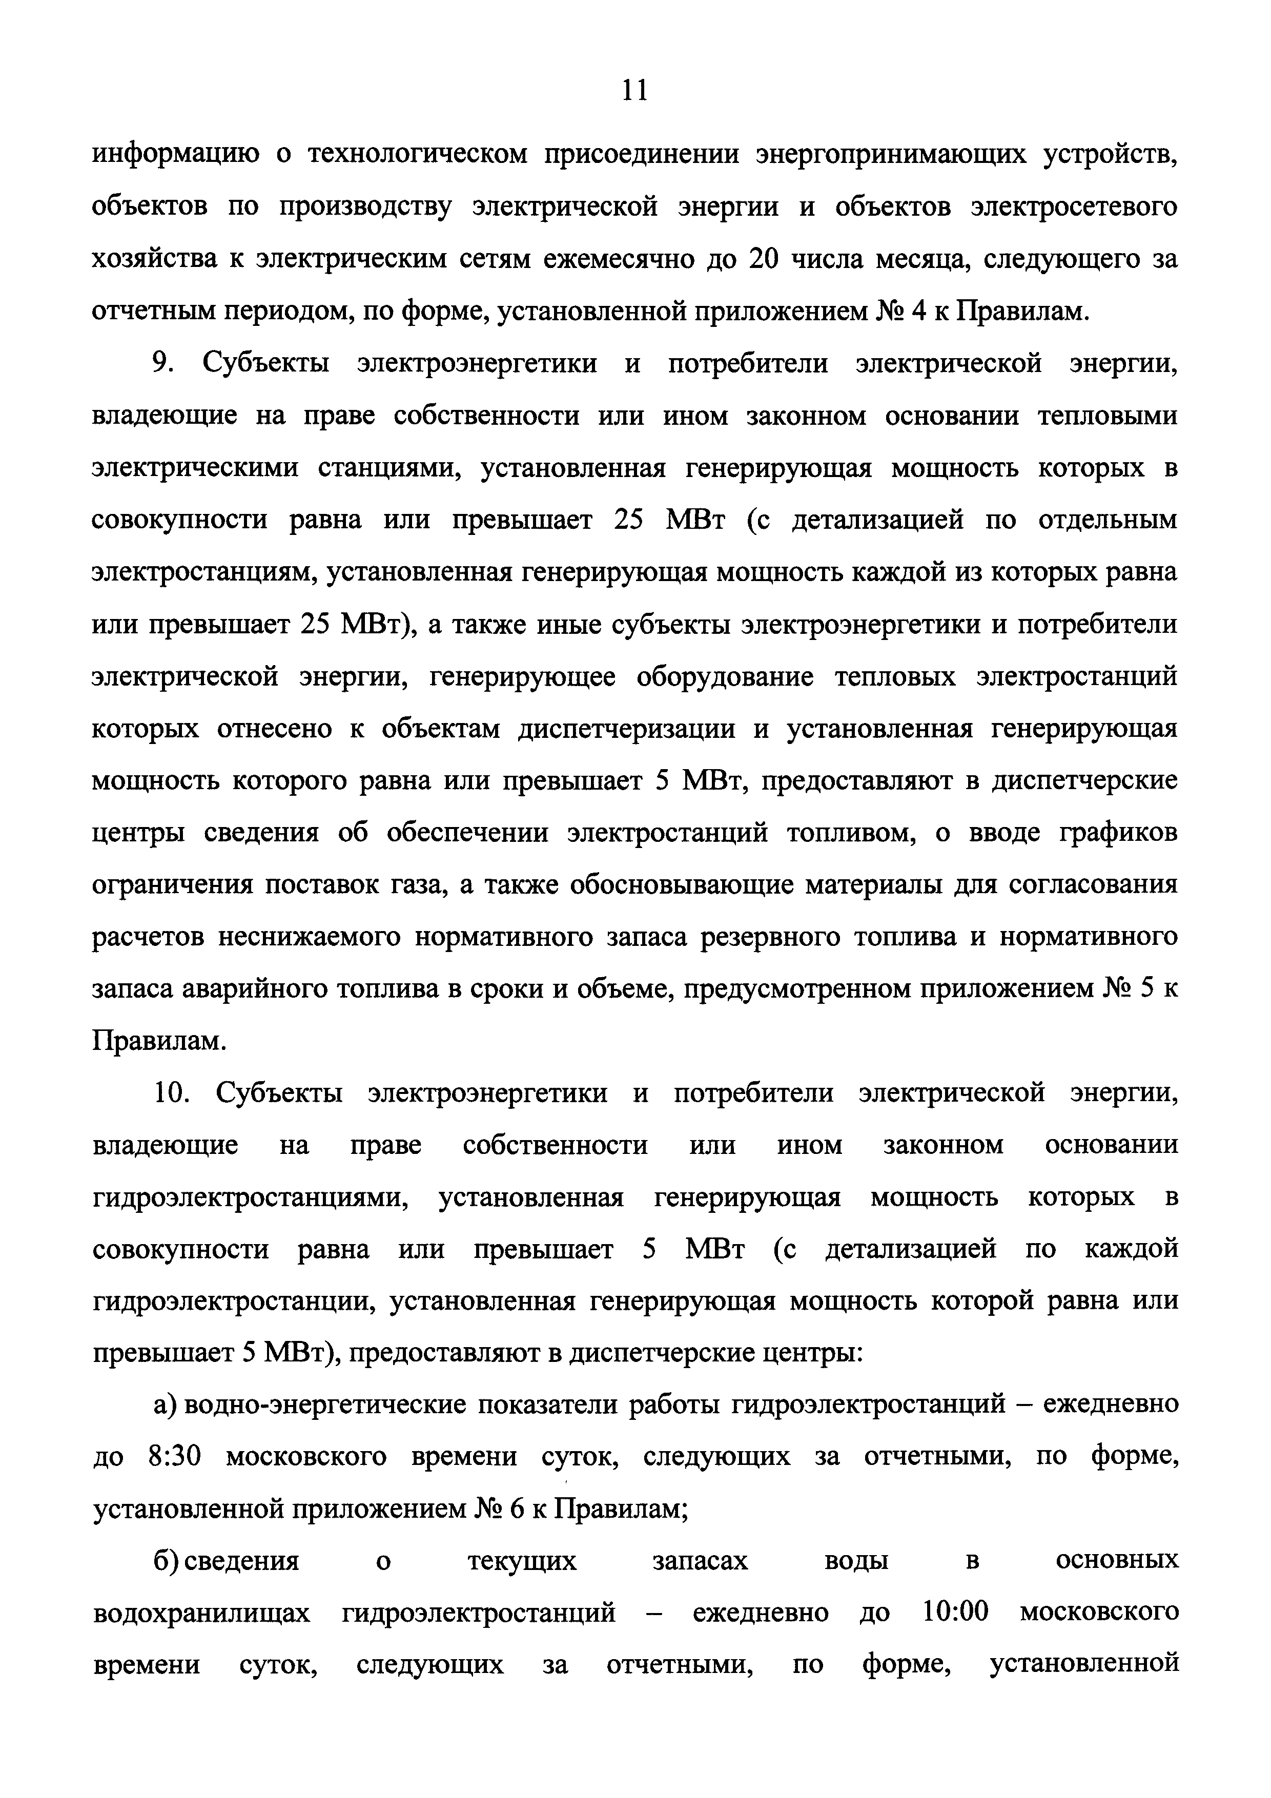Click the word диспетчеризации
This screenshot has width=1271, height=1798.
[626, 729]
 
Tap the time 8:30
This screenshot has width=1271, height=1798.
[175, 1457]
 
